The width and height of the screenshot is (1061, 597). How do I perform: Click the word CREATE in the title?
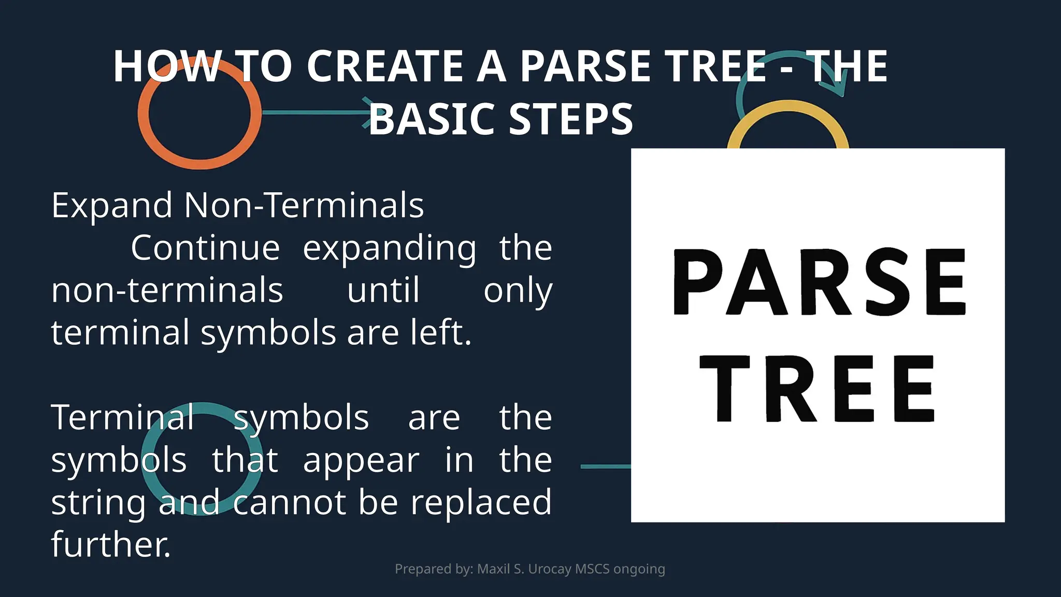click(385, 66)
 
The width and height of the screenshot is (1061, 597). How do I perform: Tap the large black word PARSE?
click(819, 282)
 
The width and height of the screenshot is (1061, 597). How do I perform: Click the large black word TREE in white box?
click(818, 390)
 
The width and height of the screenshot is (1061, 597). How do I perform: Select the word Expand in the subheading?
click(112, 206)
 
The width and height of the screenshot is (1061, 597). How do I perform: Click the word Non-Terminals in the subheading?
click(304, 205)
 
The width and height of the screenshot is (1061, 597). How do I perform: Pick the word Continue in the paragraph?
click(205, 248)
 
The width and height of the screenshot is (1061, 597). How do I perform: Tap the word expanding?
click(390, 249)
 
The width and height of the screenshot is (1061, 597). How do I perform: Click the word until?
click(383, 290)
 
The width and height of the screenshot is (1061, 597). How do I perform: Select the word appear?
click(361, 461)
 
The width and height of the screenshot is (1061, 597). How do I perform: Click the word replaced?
click(481, 502)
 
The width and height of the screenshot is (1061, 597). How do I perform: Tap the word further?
click(111, 544)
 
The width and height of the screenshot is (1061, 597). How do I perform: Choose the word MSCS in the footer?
click(592, 569)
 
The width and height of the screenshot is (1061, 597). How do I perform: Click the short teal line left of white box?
click(605, 466)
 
